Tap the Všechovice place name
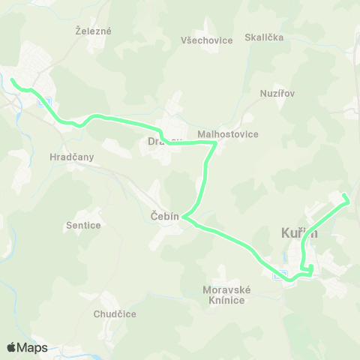point(207,40)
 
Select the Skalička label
point(264,37)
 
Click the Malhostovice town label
point(227,134)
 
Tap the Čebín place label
point(165,216)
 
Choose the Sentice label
point(83,224)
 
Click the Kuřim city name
point(299,234)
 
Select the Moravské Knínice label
point(225,295)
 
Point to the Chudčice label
point(115,314)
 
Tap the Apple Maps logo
point(27,347)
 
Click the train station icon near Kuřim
point(280,274)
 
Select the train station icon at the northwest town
point(44,103)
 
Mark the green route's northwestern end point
point(12,79)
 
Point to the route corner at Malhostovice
point(216,142)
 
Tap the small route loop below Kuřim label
point(307,268)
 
